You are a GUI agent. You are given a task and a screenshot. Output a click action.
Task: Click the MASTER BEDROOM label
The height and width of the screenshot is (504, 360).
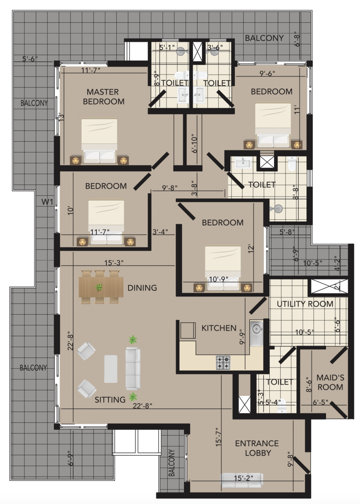pyautogui.click(x=103, y=97)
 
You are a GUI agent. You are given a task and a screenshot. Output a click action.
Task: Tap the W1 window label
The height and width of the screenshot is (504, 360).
pyautogui.click(x=47, y=202)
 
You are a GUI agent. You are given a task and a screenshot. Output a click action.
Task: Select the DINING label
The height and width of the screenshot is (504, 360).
pyautogui.click(x=142, y=288)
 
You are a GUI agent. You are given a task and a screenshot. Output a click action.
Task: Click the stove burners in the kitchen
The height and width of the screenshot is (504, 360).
pyautogui.click(x=223, y=362)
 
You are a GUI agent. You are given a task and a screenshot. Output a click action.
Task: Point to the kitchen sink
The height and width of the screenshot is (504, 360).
pyautogui.click(x=257, y=332)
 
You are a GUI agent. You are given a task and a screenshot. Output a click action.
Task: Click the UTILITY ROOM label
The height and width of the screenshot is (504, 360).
pyautogui.click(x=305, y=304)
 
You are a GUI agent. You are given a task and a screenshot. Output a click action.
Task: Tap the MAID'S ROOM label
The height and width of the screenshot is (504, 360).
pyautogui.click(x=330, y=382)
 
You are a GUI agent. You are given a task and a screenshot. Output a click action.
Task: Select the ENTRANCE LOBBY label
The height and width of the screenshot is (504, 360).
pyautogui.click(x=257, y=448)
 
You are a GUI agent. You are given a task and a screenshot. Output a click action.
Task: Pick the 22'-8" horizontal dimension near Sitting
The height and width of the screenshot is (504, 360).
pyautogui.click(x=143, y=406)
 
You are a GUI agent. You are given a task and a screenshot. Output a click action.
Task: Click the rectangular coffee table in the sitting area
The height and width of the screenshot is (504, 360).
pyautogui.click(x=111, y=369)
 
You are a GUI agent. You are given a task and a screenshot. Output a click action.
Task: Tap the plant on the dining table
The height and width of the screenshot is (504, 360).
pyautogui.click(x=98, y=287)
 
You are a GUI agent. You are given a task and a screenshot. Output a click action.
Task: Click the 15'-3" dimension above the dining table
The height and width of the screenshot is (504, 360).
pyautogui.click(x=114, y=263)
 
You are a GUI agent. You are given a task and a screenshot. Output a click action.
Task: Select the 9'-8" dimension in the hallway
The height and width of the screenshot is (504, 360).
pyautogui.click(x=170, y=188)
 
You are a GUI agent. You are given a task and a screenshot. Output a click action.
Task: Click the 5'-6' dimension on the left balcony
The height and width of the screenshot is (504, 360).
pyautogui.click(x=30, y=59)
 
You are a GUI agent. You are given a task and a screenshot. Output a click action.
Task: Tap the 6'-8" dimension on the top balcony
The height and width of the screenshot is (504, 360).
pyautogui.click(x=297, y=39)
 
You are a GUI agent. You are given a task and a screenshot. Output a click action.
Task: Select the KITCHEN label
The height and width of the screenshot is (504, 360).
pyautogui.click(x=219, y=328)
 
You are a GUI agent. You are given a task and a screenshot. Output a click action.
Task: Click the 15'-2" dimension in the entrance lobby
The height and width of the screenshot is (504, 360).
pyautogui.click(x=243, y=478)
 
